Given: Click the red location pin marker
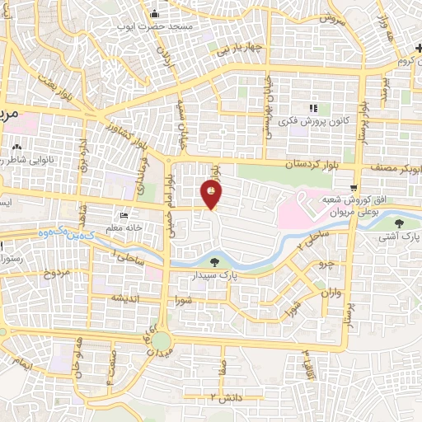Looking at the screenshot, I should [212, 194].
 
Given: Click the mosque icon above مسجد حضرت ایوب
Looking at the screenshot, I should [155, 13].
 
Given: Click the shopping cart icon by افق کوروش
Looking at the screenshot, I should [354, 187].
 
